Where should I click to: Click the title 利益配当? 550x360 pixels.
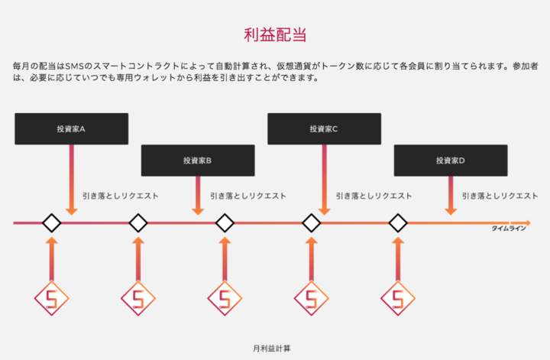274,34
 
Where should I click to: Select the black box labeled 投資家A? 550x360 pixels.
71,129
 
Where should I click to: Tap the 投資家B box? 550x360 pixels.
197,161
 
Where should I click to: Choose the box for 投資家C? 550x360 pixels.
324,129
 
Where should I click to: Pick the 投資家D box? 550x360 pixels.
451,161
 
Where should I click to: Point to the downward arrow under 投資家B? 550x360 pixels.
198,195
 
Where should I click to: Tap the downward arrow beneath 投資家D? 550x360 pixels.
451,195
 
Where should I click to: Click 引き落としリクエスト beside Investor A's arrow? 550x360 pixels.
121,196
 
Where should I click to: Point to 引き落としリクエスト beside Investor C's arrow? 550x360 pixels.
374,196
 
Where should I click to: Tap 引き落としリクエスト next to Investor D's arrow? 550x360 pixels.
500,196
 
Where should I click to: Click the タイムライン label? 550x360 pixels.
508,229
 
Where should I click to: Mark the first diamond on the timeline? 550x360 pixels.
51,223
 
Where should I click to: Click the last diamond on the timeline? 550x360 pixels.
398,223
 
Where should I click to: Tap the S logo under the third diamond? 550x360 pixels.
225,299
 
